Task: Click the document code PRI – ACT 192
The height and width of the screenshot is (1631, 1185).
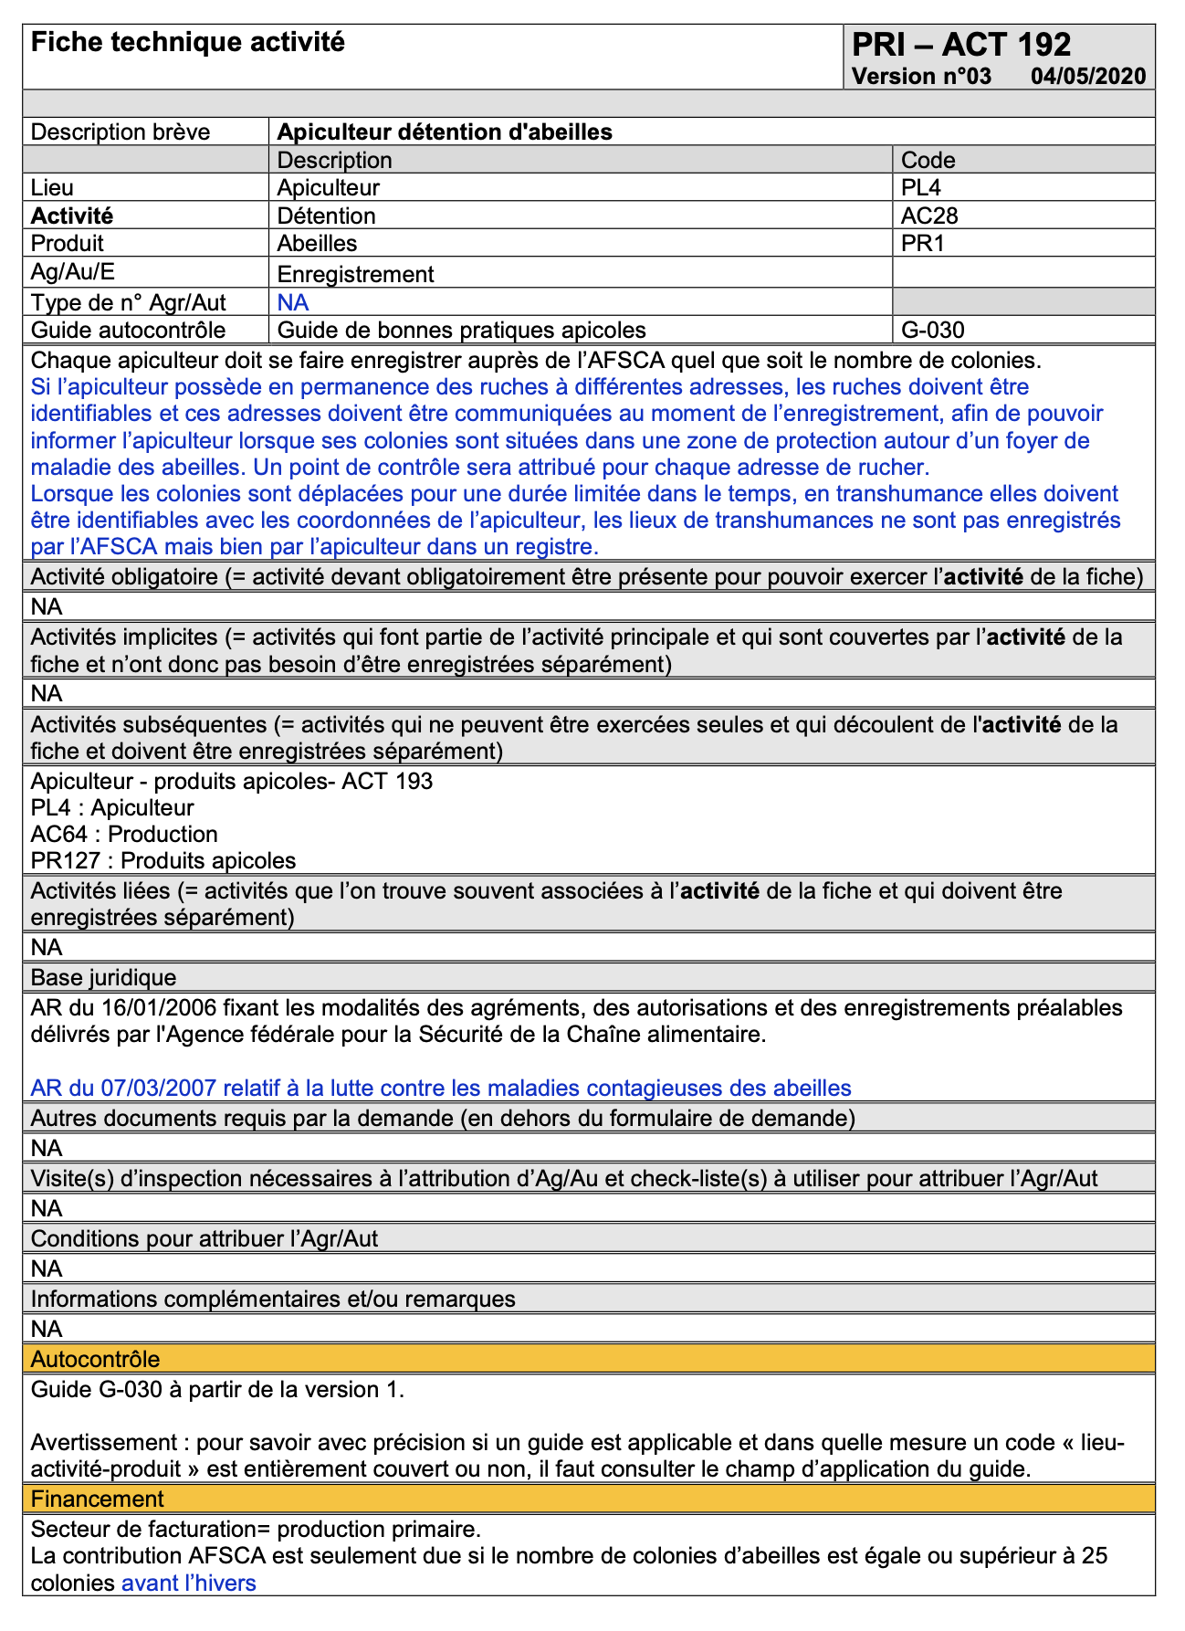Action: (x=961, y=45)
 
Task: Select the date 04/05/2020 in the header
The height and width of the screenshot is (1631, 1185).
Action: (x=1088, y=76)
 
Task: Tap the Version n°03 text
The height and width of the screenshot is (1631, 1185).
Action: (x=921, y=76)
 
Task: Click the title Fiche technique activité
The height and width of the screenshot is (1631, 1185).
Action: (x=188, y=42)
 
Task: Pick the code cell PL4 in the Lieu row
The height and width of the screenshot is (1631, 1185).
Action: (x=921, y=188)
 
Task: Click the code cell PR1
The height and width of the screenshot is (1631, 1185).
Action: (x=922, y=244)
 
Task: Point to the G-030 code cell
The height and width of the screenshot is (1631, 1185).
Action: (x=932, y=331)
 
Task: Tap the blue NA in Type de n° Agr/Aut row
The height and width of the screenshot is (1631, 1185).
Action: (x=293, y=303)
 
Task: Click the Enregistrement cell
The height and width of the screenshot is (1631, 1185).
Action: (x=355, y=274)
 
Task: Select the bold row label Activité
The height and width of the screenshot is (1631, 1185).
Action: (x=72, y=216)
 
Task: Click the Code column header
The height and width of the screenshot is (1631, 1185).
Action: (x=928, y=161)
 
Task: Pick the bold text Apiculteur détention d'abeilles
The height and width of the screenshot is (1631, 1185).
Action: (x=445, y=132)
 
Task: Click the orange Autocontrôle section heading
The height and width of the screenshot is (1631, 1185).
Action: (x=95, y=1359)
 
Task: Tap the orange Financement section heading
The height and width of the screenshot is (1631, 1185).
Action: (x=98, y=1499)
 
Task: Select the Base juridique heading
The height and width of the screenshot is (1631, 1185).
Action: (x=103, y=978)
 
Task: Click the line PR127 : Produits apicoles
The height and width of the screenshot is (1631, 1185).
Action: (x=163, y=860)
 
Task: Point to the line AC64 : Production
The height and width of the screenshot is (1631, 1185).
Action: (x=124, y=834)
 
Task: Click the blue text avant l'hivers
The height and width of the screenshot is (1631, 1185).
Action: (x=188, y=1583)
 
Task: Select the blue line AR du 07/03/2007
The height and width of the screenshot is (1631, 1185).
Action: (x=441, y=1088)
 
